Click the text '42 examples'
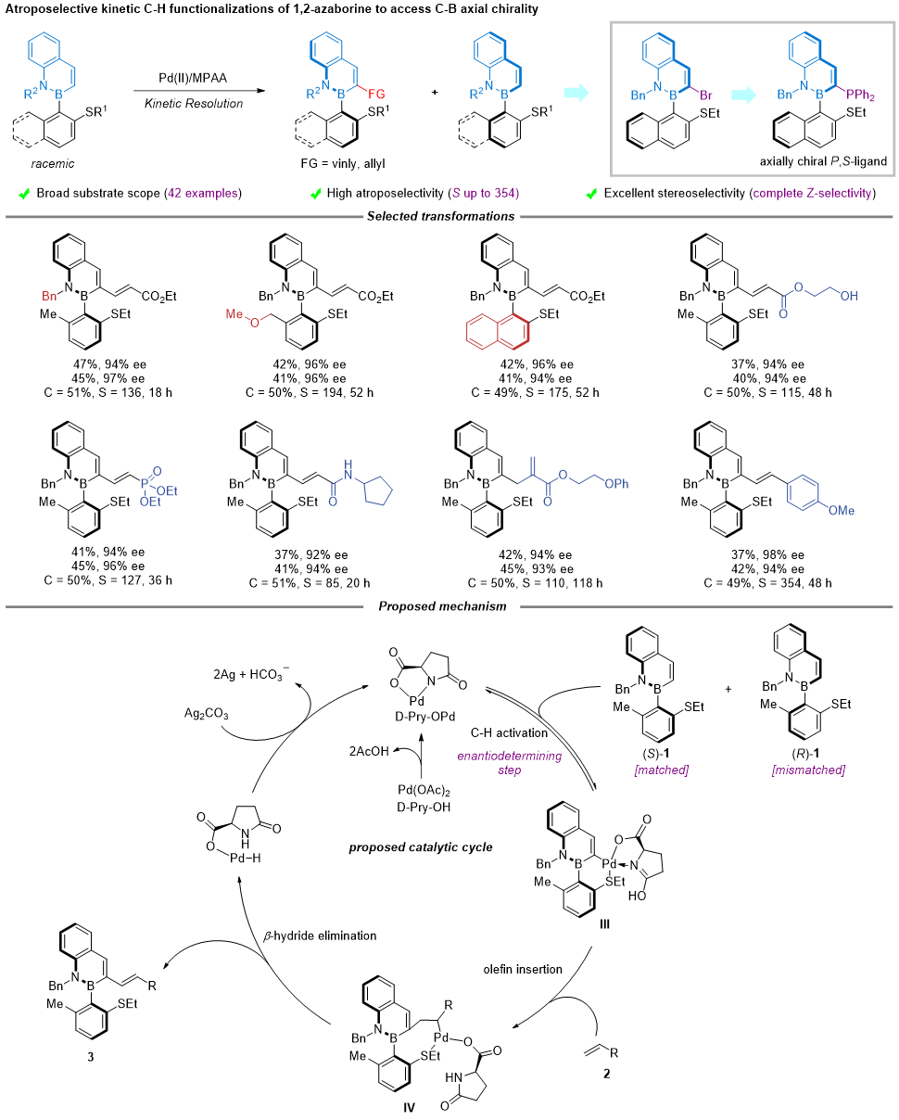pos(202,193)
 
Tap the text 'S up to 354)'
pos(485,193)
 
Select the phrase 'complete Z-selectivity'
pos(811,193)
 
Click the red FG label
pos(376,95)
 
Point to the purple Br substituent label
pos(706,95)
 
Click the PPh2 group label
pos(860,95)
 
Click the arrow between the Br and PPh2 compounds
pos(743,95)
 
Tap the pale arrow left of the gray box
pos(576,93)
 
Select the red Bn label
pos(49,297)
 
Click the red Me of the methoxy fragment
pos(234,314)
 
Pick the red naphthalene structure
pos(498,332)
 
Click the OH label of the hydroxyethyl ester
pos(848,297)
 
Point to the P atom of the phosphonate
pos(145,483)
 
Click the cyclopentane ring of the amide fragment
pos(378,491)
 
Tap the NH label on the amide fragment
pos(348,470)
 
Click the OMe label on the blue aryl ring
pos(841,511)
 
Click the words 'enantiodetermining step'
pos(509,763)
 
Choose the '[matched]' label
pos(661,770)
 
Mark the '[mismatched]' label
pos(808,770)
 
